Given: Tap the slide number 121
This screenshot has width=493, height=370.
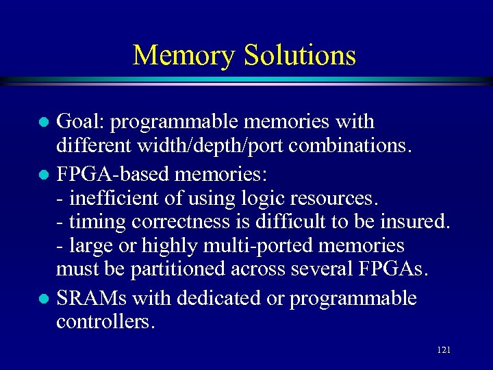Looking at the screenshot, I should [443, 350].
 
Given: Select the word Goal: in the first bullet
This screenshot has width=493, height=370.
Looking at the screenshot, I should [80, 122].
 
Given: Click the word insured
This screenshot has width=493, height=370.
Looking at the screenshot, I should [416, 222].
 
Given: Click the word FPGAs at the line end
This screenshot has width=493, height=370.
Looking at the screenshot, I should [391, 270].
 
